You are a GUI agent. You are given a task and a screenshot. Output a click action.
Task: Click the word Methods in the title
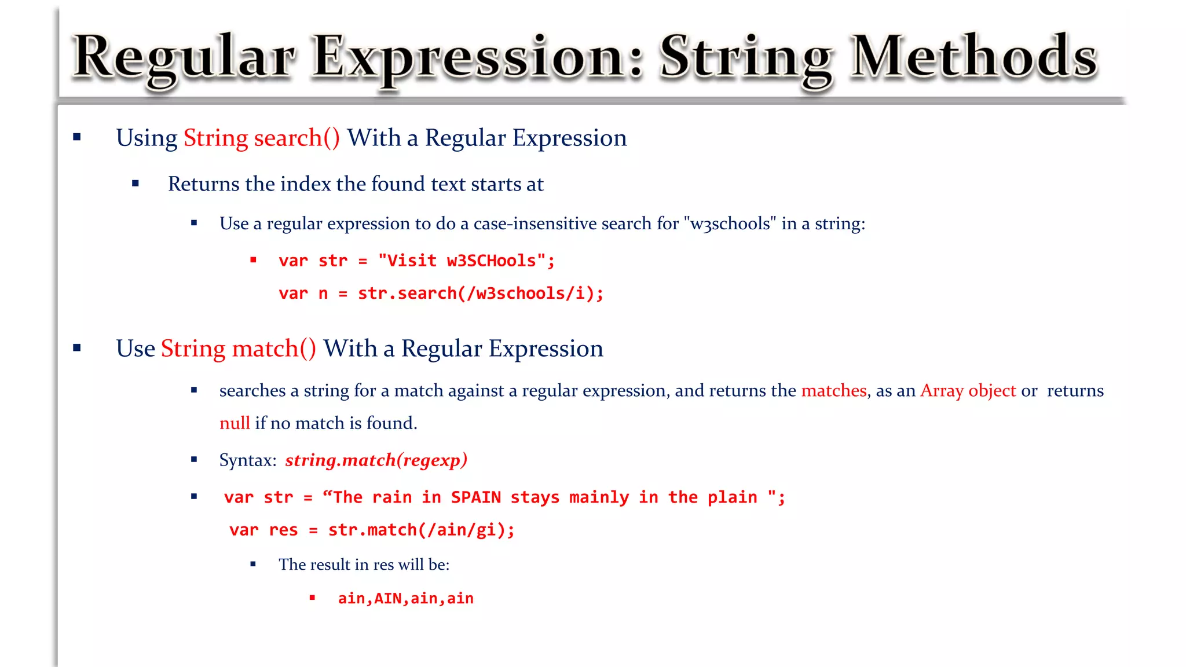[x=974, y=57]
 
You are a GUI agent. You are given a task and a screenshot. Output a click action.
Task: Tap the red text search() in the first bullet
[x=296, y=138]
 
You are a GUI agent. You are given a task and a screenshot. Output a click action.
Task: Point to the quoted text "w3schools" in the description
[x=730, y=223]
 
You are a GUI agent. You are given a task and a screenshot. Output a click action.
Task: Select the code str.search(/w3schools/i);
[x=480, y=294]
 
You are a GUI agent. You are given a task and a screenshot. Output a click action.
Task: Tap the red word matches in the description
[x=833, y=391]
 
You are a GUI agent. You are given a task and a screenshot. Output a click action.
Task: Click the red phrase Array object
[x=968, y=391]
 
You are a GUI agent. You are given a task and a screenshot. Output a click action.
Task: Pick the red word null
[x=235, y=423]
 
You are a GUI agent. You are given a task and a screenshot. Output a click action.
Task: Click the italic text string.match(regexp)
[x=376, y=460]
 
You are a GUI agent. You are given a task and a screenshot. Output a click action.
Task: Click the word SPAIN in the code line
[x=475, y=497]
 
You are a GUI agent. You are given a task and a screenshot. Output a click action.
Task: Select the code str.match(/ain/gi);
[x=421, y=530]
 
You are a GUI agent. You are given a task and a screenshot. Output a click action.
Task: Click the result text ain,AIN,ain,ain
[x=405, y=598]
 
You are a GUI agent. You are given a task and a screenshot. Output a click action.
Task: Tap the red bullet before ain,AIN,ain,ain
[x=312, y=598]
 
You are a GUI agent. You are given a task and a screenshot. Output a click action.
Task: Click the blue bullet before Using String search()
[x=77, y=137]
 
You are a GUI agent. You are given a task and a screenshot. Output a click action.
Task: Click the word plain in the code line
[x=732, y=497]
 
